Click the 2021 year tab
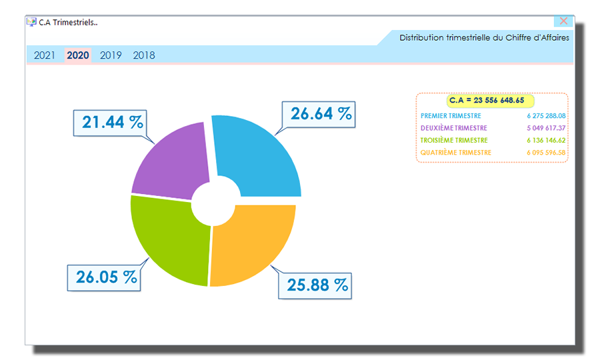click(x=45, y=55)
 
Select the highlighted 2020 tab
click(x=78, y=55)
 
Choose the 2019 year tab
click(x=111, y=55)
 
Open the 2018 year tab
click(x=144, y=55)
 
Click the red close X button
click(x=564, y=21)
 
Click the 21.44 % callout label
click(x=113, y=122)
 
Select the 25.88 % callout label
click(x=318, y=285)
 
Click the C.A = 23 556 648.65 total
click(x=486, y=101)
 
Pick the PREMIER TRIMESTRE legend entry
click(x=451, y=116)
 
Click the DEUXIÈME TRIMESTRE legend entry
click(x=454, y=128)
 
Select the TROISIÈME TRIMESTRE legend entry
click(x=454, y=140)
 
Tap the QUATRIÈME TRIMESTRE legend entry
click(x=456, y=153)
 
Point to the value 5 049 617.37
click(x=546, y=128)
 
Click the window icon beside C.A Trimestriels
click(x=31, y=21)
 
